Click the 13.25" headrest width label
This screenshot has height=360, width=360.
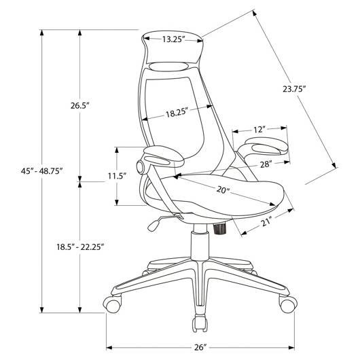click(x=174, y=39)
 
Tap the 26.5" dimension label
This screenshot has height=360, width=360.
click(x=79, y=105)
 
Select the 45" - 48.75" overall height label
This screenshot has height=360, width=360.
click(x=41, y=171)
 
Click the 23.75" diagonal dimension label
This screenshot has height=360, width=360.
click(x=294, y=89)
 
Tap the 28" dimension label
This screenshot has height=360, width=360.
click(x=266, y=164)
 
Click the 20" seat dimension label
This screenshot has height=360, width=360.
click(x=223, y=190)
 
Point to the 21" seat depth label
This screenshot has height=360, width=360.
click(x=266, y=221)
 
